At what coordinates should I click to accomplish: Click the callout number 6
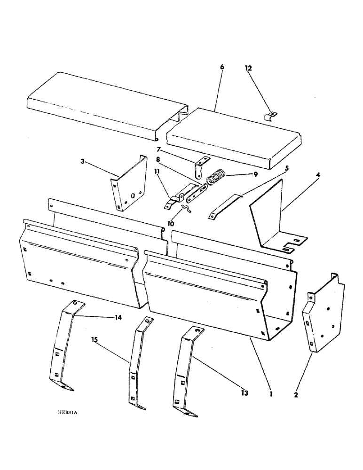point(221,67)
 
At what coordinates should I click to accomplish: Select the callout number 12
point(248,69)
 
